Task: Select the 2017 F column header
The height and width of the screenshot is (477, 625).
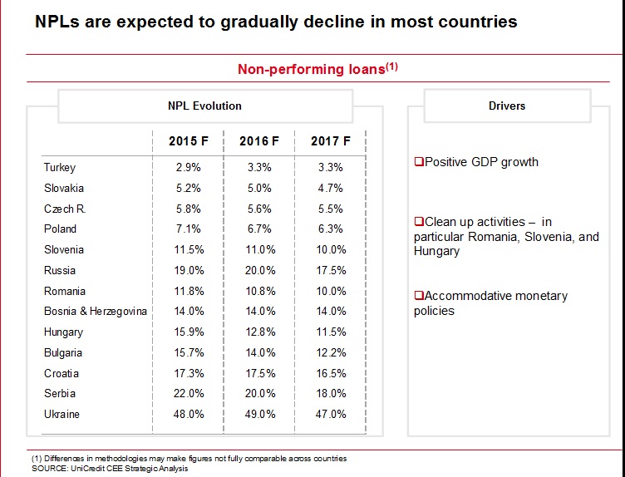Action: (x=330, y=140)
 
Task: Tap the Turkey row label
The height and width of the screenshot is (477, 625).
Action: (x=59, y=167)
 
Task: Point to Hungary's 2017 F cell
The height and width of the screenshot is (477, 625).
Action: (x=330, y=332)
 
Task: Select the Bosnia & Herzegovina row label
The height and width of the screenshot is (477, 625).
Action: (x=95, y=311)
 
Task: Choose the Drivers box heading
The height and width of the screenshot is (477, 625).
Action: (x=507, y=106)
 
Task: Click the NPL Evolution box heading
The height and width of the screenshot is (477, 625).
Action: (x=204, y=106)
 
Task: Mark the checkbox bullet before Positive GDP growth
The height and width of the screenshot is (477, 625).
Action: (x=419, y=162)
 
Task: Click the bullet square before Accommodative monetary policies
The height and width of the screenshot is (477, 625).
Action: (x=419, y=297)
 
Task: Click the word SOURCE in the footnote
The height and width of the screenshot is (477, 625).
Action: (x=48, y=468)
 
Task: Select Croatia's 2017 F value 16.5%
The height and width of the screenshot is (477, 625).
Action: (x=330, y=373)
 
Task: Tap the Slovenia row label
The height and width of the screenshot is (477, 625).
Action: (x=64, y=249)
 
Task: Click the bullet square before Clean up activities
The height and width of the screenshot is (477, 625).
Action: (x=419, y=223)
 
